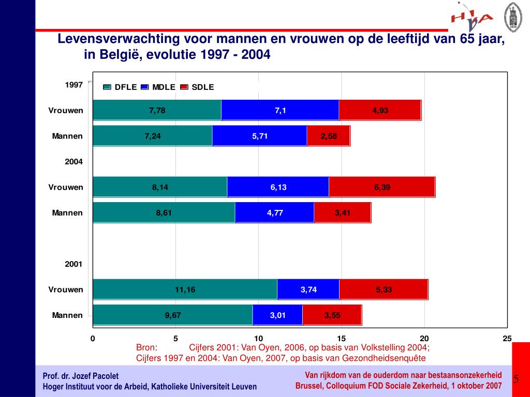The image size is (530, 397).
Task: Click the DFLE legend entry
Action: coord(121,87)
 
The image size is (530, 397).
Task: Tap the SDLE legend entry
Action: coord(198,87)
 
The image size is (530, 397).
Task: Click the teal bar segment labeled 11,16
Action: coord(185,289)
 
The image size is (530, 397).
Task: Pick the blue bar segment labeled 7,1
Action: coord(280,110)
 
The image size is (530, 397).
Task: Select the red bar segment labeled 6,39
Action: coord(382,187)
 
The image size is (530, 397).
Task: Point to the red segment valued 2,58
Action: coord(328,136)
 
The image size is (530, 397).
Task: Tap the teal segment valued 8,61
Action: coord(164,212)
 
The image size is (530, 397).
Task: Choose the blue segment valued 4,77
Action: coord(275,212)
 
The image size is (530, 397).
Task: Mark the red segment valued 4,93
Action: coord(380,110)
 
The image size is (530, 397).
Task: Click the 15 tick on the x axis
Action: coord(341,339)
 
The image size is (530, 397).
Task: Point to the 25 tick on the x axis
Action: coord(507,339)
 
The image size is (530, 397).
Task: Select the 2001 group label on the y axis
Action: coord(73,264)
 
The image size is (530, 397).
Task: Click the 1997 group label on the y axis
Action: coord(73,85)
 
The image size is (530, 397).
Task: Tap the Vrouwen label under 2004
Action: coord(66,187)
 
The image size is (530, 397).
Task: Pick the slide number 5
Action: coord(516,379)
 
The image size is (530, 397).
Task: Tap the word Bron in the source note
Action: coord(146,347)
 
